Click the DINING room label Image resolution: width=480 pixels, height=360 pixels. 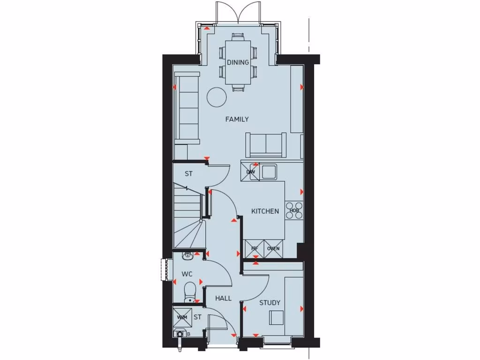tap(238, 62)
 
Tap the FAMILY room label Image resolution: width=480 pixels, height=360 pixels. tap(237, 120)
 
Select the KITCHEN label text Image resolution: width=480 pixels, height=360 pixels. tap(265, 211)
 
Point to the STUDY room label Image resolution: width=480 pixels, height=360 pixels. tap(270, 303)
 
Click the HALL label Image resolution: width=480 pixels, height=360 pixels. tap(223, 298)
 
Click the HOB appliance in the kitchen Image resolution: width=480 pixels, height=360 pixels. tap(294, 210)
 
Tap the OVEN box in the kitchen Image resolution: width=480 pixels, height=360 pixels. tap(273, 248)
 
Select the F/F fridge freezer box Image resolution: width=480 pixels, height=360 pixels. tap(255, 248)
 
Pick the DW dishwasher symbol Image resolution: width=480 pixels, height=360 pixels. tap(251, 172)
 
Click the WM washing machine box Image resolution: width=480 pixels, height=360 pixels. tap(182, 317)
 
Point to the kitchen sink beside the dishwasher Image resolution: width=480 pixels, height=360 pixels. tap(269, 172)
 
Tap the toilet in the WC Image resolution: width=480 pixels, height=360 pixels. tap(190, 291)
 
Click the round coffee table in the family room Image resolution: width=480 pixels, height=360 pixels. tap(217, 97)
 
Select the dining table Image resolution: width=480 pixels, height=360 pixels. tap(238, 62)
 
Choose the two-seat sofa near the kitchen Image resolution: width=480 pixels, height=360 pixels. tap(266, 144)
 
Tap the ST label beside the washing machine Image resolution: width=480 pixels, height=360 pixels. tap(197, 317)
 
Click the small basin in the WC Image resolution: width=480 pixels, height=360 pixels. tap(188, 255)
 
